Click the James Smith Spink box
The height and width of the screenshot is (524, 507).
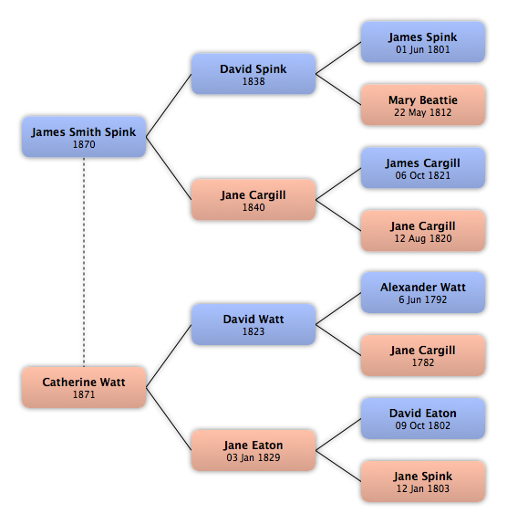[x=84, y=137]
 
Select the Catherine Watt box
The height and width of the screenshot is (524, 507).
[x=84, y=387]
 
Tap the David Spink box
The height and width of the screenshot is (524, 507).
[x=253, y=74]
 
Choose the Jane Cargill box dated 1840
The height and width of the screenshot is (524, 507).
[x=253, y=200]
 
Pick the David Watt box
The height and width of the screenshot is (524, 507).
[x=253, y=324]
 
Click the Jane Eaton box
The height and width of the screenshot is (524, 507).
[x=253, y=450]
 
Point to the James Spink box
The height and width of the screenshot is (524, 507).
[x=423, y=42]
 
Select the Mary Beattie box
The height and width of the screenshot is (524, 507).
[x=423, y=105]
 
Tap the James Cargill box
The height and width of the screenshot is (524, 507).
[x=423, y=168]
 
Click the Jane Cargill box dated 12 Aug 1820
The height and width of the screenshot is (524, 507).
[x=423, y=231]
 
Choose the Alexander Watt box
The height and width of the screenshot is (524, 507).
[x=423, y=292]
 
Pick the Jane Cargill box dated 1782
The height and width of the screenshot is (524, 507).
[x=423, y=355]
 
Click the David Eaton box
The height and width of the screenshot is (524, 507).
[x=423, y=418]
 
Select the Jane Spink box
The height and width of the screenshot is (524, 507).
[x=423, y=481]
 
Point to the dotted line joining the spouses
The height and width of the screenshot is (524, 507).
[x=84, y=262]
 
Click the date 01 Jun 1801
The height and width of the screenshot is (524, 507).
[x=423, y=49]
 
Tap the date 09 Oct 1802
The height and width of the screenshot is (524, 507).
[x=423, y=425]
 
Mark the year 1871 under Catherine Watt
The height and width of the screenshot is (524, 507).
[x=84, y=394]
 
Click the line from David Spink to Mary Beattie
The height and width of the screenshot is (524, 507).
[x=338, y=89]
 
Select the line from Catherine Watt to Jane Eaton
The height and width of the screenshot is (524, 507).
[x=169, y=419]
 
